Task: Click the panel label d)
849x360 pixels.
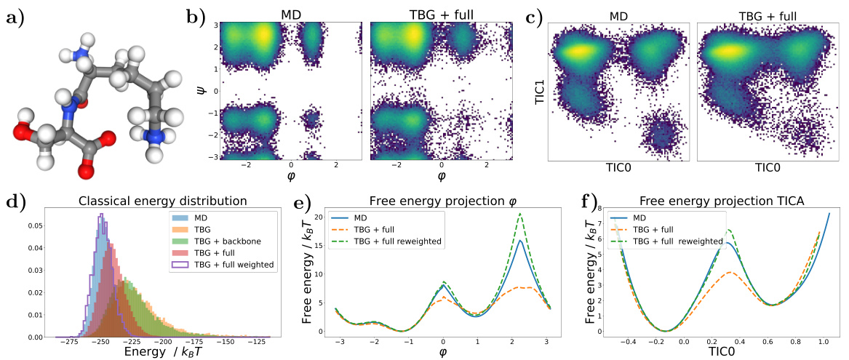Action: tap(15, 201)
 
